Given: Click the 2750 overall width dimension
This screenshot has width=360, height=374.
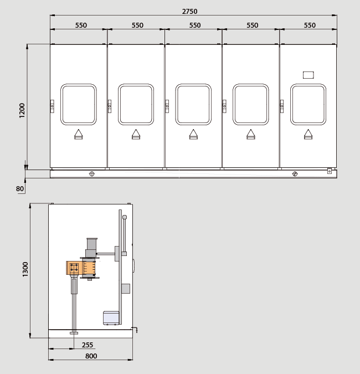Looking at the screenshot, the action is [189, 11].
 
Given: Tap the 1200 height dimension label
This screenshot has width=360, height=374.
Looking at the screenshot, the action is [22, 110].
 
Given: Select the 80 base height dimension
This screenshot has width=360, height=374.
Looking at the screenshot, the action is [20, 189].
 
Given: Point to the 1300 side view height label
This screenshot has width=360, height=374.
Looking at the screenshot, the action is [25, 269].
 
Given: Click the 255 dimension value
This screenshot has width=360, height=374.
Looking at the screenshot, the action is [88, 345].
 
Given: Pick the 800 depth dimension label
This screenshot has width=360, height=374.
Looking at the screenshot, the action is [91, 356].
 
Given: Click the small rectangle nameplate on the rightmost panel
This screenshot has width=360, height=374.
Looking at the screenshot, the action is [308, 75].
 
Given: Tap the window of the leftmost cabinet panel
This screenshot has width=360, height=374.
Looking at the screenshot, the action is [79, 104].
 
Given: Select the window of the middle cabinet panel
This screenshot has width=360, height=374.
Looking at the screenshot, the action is [193, 104].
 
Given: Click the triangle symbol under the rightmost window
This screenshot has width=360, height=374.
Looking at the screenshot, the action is [308, 134].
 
